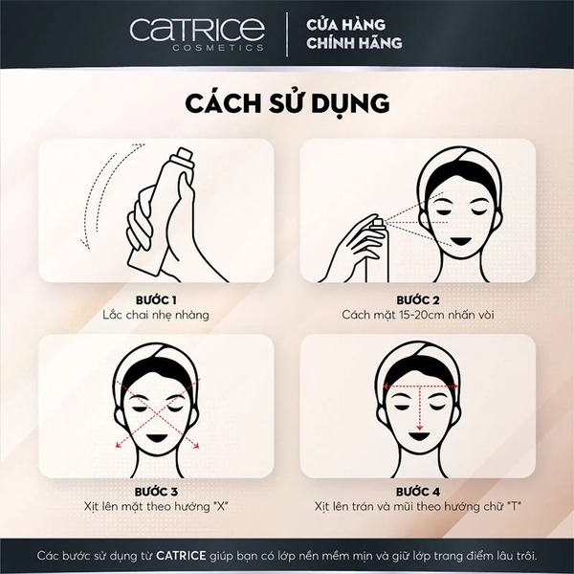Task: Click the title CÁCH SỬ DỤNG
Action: coord(287,102)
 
